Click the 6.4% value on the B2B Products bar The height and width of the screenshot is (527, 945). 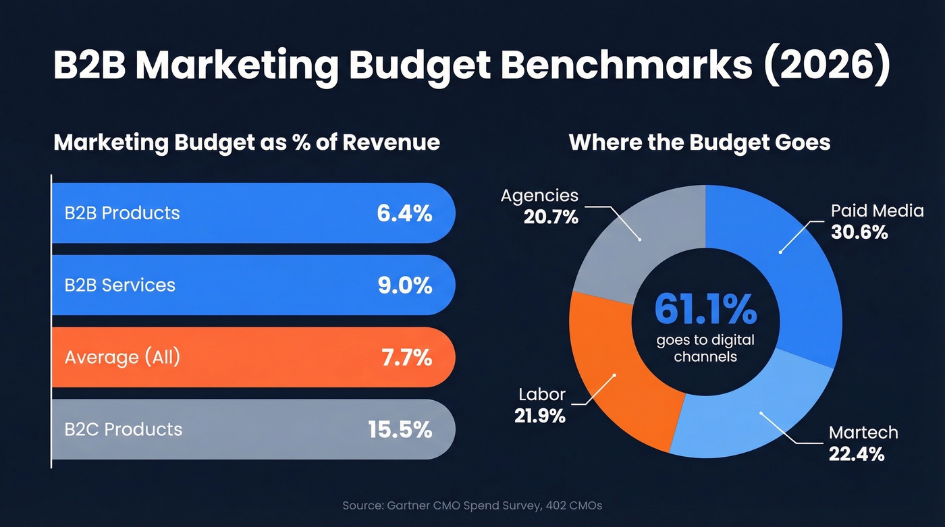[x=404, y=213]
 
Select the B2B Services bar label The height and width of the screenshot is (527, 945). [x=119, y=285]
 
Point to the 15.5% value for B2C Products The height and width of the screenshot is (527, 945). [x=400, y=430]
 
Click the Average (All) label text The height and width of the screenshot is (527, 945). [x=122, y=357]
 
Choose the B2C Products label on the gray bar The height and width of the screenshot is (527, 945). [x=123, y=429]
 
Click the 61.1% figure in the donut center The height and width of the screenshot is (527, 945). [x=705, y=309]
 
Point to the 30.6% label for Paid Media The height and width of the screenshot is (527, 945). [x=859, y=232]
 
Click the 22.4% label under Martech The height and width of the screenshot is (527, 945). [x=856, y=454]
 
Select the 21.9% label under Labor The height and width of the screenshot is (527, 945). [x=539, y=416]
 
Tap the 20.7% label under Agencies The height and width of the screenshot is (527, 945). [x=550, y=217]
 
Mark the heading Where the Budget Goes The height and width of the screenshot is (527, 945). [x=699, y=142]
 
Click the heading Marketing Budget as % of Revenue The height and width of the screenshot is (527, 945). [x=246, y=142]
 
